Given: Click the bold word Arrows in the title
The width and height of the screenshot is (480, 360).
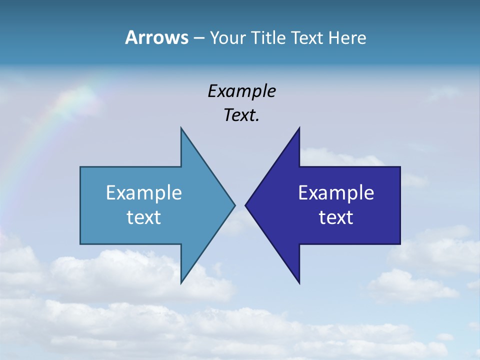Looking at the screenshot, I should (156, 37).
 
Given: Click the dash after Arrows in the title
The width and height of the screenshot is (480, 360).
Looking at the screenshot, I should (198, 38).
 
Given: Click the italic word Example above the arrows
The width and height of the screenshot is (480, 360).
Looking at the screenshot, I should (241, 91).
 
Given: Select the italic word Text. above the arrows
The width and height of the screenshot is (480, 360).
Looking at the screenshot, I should (241, 115).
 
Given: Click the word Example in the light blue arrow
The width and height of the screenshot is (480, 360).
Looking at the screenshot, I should (143, 192).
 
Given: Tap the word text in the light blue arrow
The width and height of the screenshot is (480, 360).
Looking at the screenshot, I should (143, 217).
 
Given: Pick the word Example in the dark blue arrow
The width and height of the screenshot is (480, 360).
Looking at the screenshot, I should (336, 192).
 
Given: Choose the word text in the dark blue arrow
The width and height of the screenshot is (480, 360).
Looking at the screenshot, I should (336, 217).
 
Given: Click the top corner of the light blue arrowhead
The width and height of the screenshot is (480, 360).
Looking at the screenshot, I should (181, 129).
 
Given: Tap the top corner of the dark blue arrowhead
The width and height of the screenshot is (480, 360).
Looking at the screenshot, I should (299, 129).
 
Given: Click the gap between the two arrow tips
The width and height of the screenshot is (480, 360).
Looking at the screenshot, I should (240, 205).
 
